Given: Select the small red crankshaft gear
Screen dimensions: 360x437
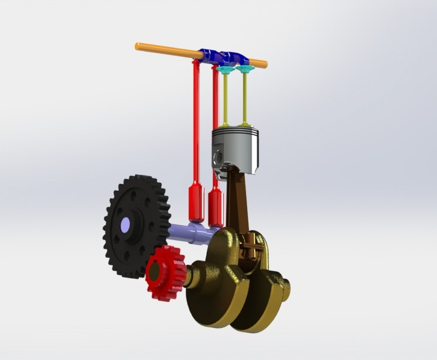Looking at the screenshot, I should pos(166,272).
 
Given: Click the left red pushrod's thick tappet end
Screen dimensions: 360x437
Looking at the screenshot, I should pos(195,202).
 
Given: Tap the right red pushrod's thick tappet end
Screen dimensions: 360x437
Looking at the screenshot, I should pos(216,208).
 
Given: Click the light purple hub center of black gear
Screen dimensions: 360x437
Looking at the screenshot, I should pos(125,225).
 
